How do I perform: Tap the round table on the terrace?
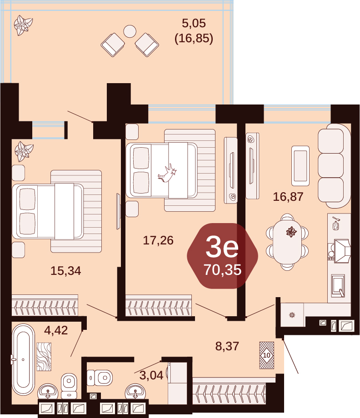[x=130, y=31]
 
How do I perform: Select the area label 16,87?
[x=288, y=197]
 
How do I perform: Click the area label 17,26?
[x=158, y=240]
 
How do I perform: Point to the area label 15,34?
[x=65, y=271]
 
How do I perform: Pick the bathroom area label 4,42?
[x=56, y=330]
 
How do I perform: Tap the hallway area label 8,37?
[x=227, y=346]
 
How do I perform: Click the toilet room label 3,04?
[x=151, y=375]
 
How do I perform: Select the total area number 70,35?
[x=223, y=269]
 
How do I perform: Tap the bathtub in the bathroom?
[x=24, y=360]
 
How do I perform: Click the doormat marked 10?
[x=267, y=355]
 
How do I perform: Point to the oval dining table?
[x=287, y=242]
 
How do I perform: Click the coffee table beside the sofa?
[x=300, y=166]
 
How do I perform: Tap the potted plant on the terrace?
[x=23, y=25]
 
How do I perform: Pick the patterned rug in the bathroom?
[x=44, y=357]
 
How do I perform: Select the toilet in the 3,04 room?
[x=100, y=378]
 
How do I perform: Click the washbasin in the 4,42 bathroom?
[x=48, y=391]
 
